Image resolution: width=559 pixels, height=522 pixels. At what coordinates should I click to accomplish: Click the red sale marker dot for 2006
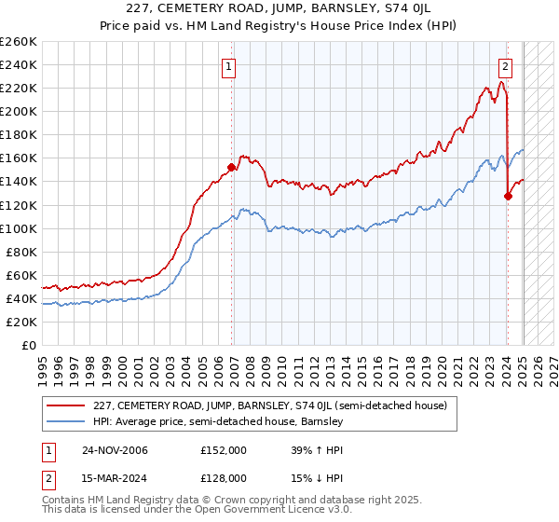232,168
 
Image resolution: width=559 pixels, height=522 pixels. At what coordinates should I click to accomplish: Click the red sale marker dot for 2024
508,196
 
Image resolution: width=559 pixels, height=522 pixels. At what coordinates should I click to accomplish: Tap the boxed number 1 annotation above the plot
228,66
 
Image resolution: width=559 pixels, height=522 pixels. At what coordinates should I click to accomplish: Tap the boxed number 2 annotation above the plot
504,66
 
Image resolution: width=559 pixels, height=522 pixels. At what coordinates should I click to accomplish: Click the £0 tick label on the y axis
30,345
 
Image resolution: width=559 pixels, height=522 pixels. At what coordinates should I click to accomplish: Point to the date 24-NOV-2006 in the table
115,450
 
